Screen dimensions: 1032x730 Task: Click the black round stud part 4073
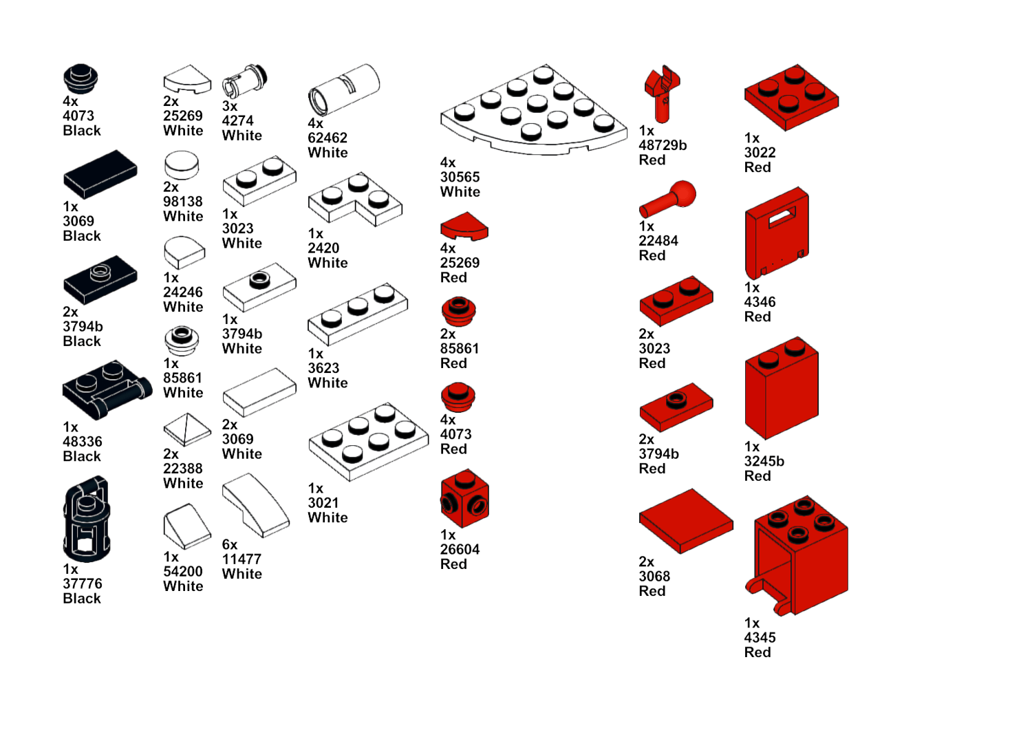(80, 78)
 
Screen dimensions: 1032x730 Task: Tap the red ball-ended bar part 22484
(667, 199)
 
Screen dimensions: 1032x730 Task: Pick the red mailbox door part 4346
(777, 233)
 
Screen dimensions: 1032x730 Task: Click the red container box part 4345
(797, 556)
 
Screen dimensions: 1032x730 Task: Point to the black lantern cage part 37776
(86, 519)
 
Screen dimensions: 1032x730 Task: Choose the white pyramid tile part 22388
(187, 429)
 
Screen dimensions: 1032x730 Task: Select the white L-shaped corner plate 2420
(355, 199)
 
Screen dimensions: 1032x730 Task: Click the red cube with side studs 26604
(464, 498)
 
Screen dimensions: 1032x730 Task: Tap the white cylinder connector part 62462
(344, 89)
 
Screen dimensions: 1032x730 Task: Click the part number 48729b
(663, 145)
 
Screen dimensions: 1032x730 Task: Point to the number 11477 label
(241, 559)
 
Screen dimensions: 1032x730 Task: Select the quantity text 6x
(229, 544)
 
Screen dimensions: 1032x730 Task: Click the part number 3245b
(764, 461)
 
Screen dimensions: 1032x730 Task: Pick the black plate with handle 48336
(107, 390)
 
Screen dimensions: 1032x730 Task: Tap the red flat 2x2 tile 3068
(685, 521)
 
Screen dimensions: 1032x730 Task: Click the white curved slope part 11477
(256, 505)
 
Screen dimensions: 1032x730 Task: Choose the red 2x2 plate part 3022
(791, 97)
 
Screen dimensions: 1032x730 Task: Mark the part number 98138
(183, 202)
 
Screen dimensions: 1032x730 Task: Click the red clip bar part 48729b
(662, 94)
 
